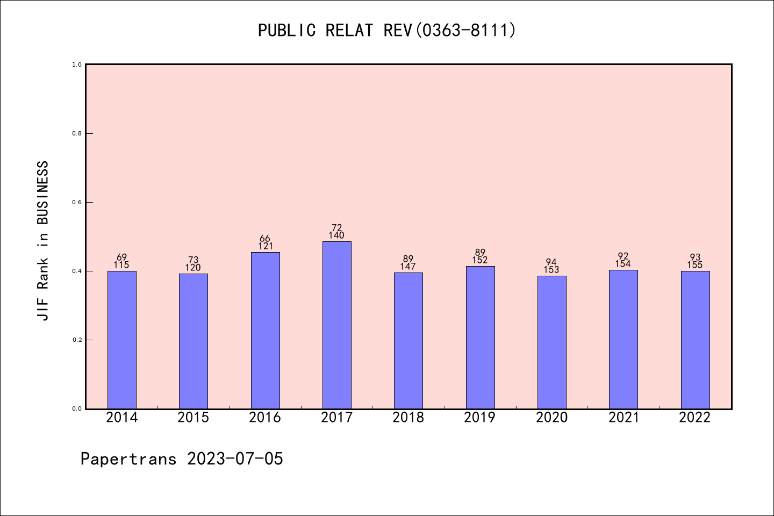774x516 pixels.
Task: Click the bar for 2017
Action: (x=336, y=325)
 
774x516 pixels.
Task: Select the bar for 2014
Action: (x=121, y=340)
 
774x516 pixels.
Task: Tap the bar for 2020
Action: (x=551, y=342)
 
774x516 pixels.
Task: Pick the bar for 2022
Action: (x=695, y=340)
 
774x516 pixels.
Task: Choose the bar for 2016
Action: (x=265, y=331)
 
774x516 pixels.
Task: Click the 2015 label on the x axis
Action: (x=193, y=418)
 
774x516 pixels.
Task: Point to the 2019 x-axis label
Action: (x=480, y=418)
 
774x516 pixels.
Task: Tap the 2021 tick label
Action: (x=623, y=418)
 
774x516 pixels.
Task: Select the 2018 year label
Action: (x=408, y=418)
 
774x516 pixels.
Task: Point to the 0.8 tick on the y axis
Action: (x=77, y=133)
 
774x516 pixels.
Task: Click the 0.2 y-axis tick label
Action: (x=77, y=340)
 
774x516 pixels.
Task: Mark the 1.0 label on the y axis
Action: (x=77, y=64)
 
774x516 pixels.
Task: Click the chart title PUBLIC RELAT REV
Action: (x=387, y=30)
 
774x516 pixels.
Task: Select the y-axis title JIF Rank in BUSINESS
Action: (x=43, y=241)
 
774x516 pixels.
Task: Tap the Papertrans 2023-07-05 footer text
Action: (x=182, y=459)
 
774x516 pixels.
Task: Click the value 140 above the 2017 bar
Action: (x=336, y=235)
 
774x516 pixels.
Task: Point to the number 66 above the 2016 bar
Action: (x=265, y=239)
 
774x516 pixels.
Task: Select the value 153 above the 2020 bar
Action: (x=551, y=270)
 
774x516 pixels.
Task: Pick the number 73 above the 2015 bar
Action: (x=193, y=260)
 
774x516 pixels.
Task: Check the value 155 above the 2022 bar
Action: (x=695, y=265)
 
